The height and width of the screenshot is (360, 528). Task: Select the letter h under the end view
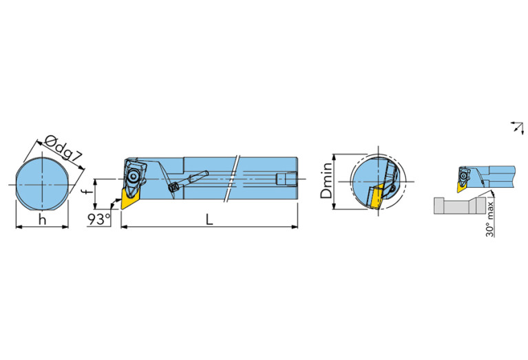point(42,220)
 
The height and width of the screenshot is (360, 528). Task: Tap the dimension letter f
point(88,191)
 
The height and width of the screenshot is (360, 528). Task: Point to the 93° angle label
point(99,220)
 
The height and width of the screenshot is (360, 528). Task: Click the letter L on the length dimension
point(209,220)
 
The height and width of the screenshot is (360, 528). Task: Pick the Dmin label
point(326,180)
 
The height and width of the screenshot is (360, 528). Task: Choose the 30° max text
point(490,219)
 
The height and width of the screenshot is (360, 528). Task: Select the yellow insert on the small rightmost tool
point(461,187)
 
